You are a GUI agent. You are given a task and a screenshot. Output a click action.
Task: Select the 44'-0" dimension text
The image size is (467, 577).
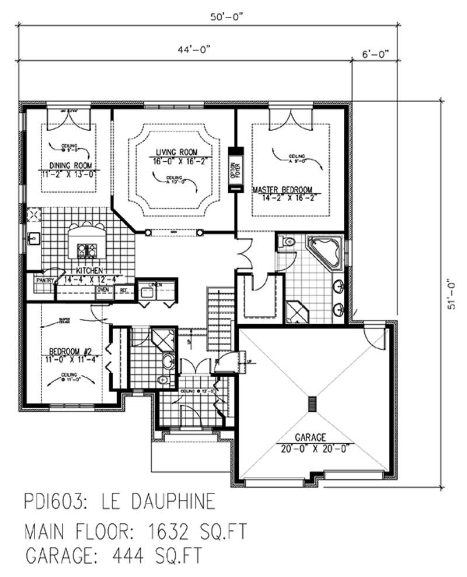coord(191,51)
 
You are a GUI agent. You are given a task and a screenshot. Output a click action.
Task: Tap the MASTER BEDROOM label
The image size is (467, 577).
coord(283,189)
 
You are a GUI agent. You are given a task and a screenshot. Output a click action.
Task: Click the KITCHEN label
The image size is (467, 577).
coord(89,271)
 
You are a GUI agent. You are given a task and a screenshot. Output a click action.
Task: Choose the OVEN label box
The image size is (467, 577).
coord(103,289)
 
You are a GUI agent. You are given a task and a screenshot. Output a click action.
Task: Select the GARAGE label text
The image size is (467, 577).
coord(310,437)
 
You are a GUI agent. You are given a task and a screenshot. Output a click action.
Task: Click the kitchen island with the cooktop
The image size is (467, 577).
coord(88,242)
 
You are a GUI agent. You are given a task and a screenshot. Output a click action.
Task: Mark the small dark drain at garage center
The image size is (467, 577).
coord(313,404)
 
